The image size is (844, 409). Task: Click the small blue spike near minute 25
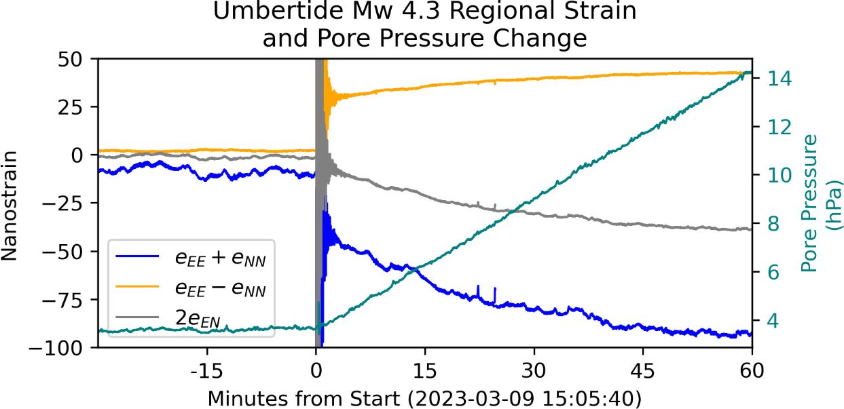[495, 293]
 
